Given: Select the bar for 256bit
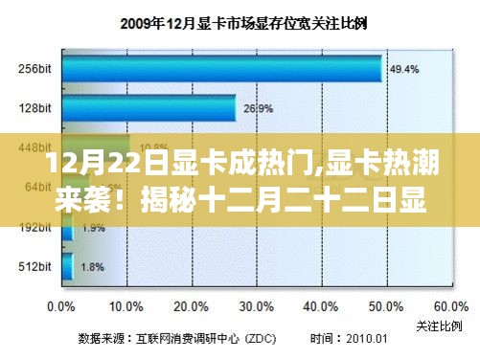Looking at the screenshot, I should pyautogui.click(x=221, y=69).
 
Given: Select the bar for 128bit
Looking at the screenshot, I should pyautogui.click(x=149, y=109).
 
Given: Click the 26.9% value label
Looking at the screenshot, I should pyautogui.click(x=255, y=109).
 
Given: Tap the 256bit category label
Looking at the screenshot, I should pyautogui.click(x=34, y=69).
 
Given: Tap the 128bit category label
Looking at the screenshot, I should pyautogui.click(x=34, y=109).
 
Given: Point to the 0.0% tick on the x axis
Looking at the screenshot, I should pyautogui.click(x=60, y=308).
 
